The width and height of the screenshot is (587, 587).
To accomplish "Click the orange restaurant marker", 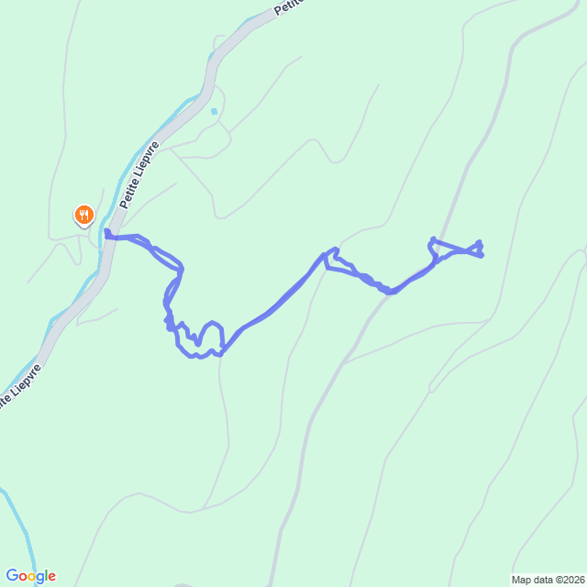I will (83, 216).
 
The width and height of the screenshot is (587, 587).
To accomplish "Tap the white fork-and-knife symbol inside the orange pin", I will (83, 215).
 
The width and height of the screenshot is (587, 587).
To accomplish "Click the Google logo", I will (30, 576).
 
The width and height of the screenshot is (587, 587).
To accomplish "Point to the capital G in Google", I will (11, 576).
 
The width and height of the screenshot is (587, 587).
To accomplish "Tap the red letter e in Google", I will (51, 577).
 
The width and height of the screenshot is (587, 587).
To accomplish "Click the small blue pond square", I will (214, 111).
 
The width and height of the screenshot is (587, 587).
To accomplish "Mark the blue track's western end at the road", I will (107, 233).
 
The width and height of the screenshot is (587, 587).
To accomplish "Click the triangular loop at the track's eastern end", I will (457, 248).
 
